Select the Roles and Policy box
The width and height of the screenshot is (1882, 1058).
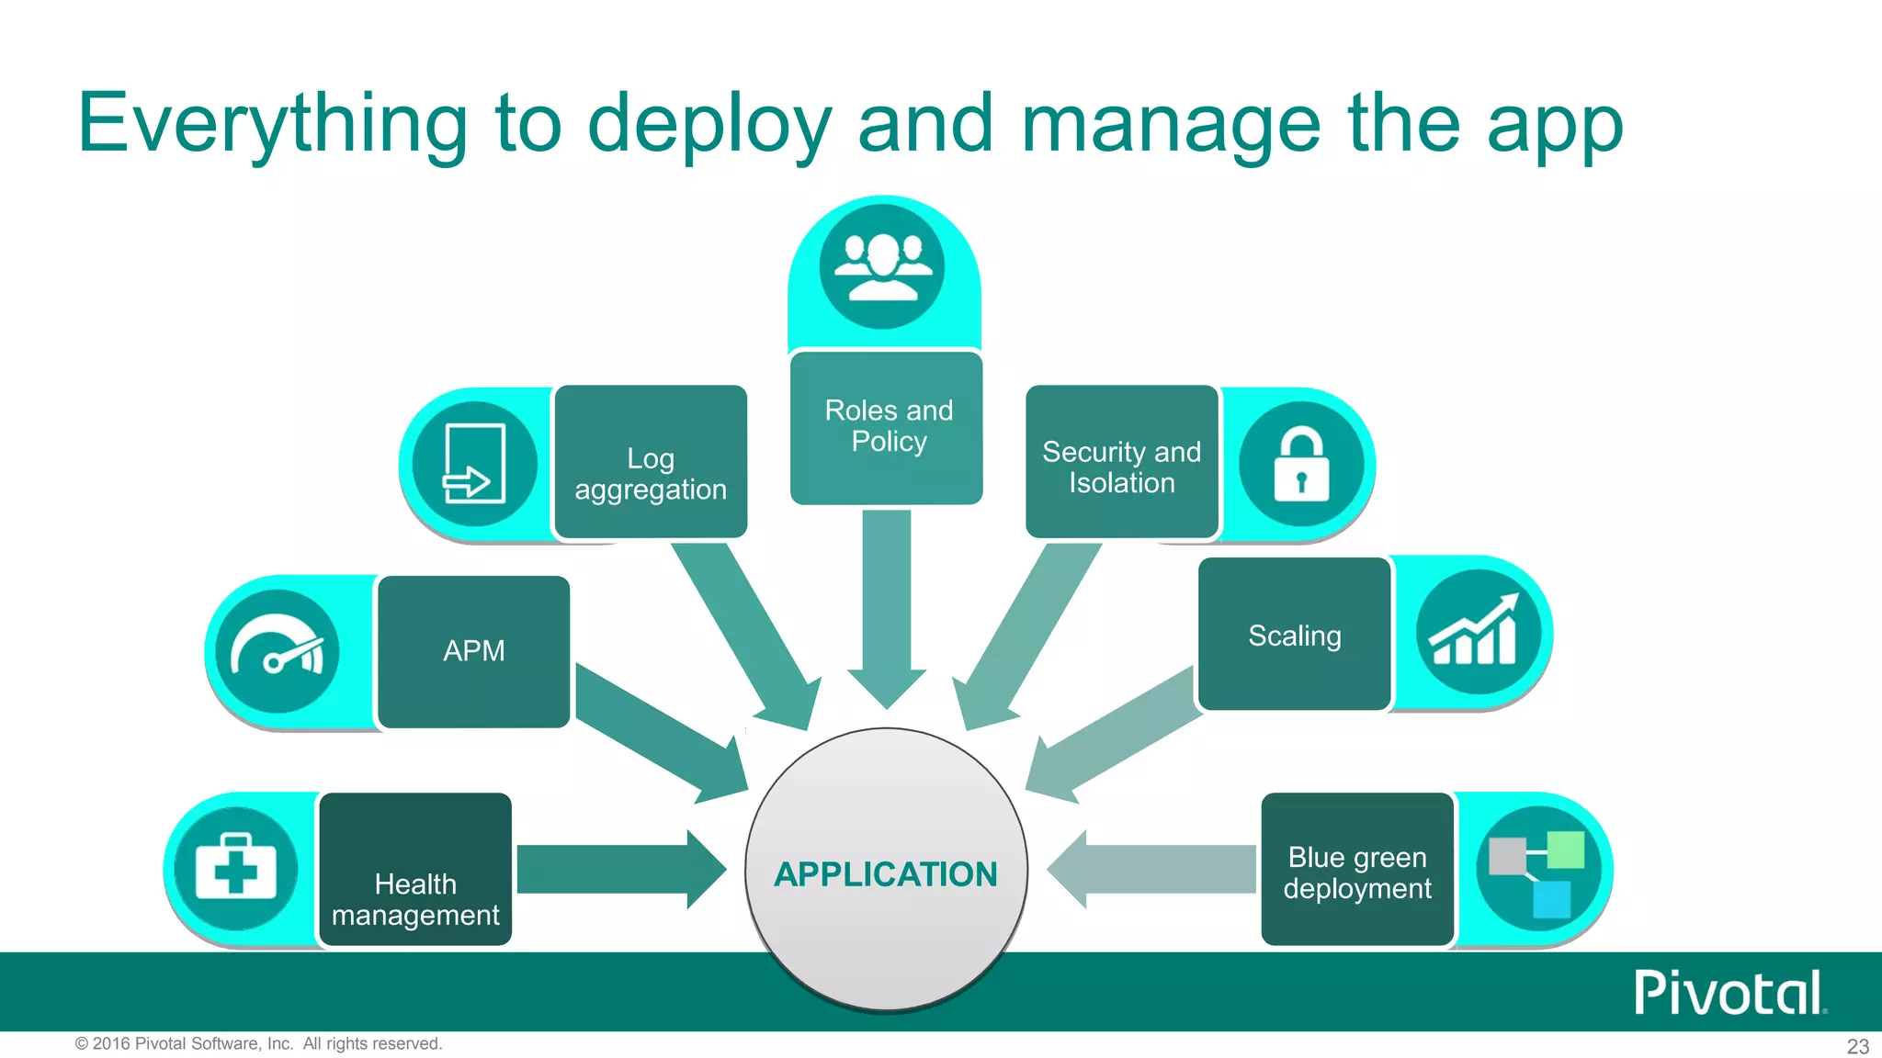point(887,427)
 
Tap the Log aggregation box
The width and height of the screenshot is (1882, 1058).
point(651,462)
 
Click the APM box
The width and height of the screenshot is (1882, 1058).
point(474,651)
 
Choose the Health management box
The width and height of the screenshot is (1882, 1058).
point(415,869)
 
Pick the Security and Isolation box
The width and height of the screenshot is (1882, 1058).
point(1122,462)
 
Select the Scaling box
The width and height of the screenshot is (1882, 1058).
point(1294,634)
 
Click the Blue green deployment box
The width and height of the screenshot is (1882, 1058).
point(1357,869)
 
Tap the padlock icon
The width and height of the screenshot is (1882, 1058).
point(1301,464)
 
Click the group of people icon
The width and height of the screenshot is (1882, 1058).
point(882,266)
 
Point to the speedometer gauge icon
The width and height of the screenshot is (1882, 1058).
point(277,651)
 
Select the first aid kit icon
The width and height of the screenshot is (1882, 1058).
point(236,869)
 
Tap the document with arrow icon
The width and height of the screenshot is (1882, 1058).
point(474,464)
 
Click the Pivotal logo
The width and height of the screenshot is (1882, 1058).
point(1728,993)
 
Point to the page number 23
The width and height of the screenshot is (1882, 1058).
point(1857,1046)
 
